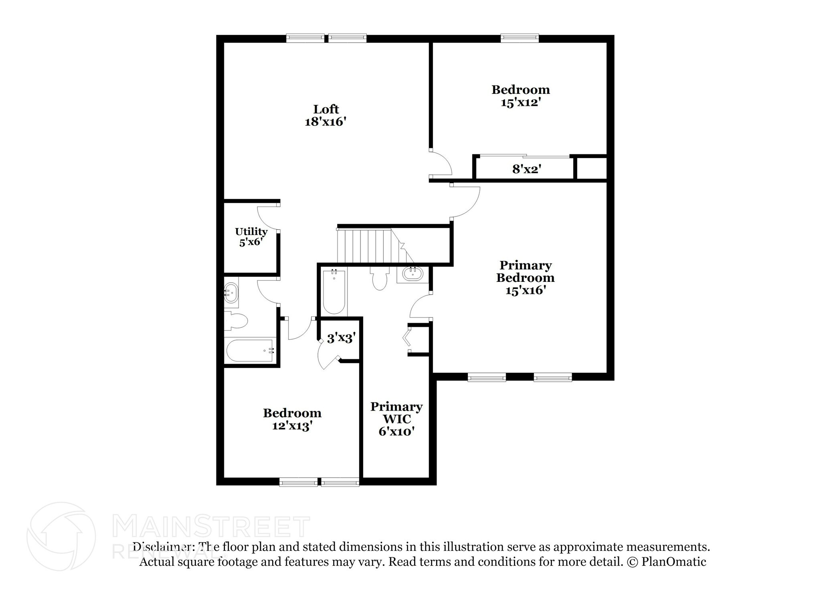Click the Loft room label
pos(326,109)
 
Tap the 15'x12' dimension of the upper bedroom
pos(521,102)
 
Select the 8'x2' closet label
pos(527,169)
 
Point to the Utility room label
pos(251,232)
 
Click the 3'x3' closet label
pos(341,339)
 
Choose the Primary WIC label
pos(396,413)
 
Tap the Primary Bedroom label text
pos(525,271)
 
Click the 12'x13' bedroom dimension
pos(292,426)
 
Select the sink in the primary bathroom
pos(413,274)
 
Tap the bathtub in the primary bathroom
pos(334,291)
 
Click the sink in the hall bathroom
pos(231,292)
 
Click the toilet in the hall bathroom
pos(236,321)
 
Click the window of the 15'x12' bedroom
pos(520,38)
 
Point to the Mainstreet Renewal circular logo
pos(61,536)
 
